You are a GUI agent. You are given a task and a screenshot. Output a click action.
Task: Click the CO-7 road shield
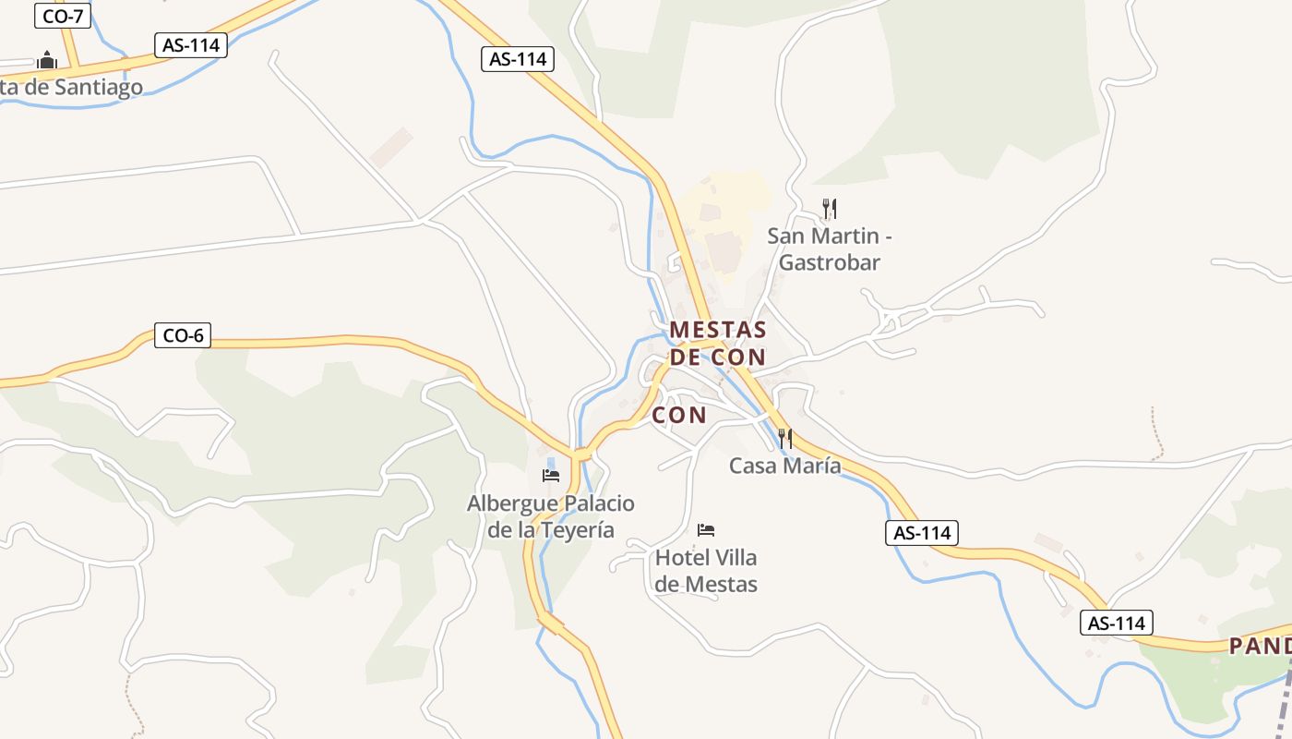pos(63,16)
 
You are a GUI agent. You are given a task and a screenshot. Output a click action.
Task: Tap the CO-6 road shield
pos(182,336)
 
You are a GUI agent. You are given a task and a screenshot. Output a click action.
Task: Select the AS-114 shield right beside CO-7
pos(190,45)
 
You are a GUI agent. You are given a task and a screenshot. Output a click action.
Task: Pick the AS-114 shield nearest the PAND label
pos(1117,624)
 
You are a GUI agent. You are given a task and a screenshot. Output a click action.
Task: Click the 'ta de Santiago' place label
pos(72,88)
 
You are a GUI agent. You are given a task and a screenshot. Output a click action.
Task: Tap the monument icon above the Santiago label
pos(47,62)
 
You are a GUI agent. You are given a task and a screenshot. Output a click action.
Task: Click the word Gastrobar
pos(830,262)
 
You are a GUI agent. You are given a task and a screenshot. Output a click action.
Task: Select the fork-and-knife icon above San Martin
pos(830,209)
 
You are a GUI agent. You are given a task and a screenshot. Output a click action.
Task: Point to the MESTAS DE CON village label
pos(718,343)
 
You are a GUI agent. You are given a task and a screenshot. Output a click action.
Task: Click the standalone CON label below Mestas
pos(679,416)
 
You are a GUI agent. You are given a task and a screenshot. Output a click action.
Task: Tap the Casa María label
pos(784,466)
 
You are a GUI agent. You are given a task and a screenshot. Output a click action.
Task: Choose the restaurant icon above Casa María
pos(784,439)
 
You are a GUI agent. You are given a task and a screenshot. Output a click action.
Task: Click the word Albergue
pos(510,503)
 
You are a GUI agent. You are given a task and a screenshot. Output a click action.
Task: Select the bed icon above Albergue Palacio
pos(551,476)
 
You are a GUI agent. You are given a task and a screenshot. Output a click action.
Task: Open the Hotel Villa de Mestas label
pos(706,571)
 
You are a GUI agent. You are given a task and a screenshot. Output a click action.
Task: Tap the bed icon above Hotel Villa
pos(706,530)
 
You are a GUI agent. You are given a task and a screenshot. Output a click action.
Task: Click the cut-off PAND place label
pos(1260,646)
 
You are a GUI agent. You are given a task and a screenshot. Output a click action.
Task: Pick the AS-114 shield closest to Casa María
pos(922,533)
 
